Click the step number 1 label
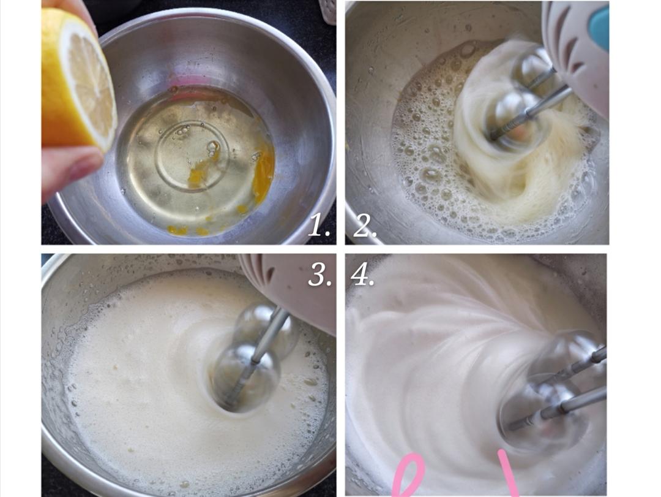pyautogui.click(x=318, y=225)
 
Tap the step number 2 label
pyautogui.click(x=364, y=225)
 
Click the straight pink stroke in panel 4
pyautogui.click(x=507, y=473)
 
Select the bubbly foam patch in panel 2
pyautogui.click(x=426, y=139)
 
